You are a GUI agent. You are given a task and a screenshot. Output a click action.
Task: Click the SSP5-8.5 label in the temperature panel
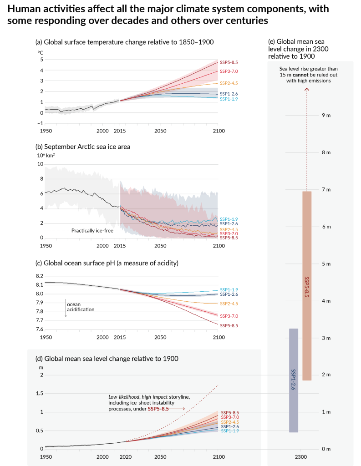point(229,62)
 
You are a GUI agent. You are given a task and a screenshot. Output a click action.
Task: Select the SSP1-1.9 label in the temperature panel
point(229,99)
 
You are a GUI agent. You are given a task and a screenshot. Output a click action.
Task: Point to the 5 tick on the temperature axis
point(41,60)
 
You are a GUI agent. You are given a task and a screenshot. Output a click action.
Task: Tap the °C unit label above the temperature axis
point(41,52)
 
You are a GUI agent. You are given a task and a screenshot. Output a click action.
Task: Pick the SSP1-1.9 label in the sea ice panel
point(229,219)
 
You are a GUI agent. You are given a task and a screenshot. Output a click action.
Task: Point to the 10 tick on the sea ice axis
point(41,164)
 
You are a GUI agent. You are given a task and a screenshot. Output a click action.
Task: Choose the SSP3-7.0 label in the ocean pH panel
point(229,316)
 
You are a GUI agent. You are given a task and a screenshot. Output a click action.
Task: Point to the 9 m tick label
point(326,116)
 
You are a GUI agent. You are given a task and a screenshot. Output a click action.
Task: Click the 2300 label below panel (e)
point(300,456)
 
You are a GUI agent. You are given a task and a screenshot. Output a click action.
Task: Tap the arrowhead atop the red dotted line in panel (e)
point(307,90)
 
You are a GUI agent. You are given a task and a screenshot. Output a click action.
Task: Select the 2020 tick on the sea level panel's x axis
point(126,456)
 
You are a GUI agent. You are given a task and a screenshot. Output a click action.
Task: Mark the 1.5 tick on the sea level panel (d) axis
point(39,394)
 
